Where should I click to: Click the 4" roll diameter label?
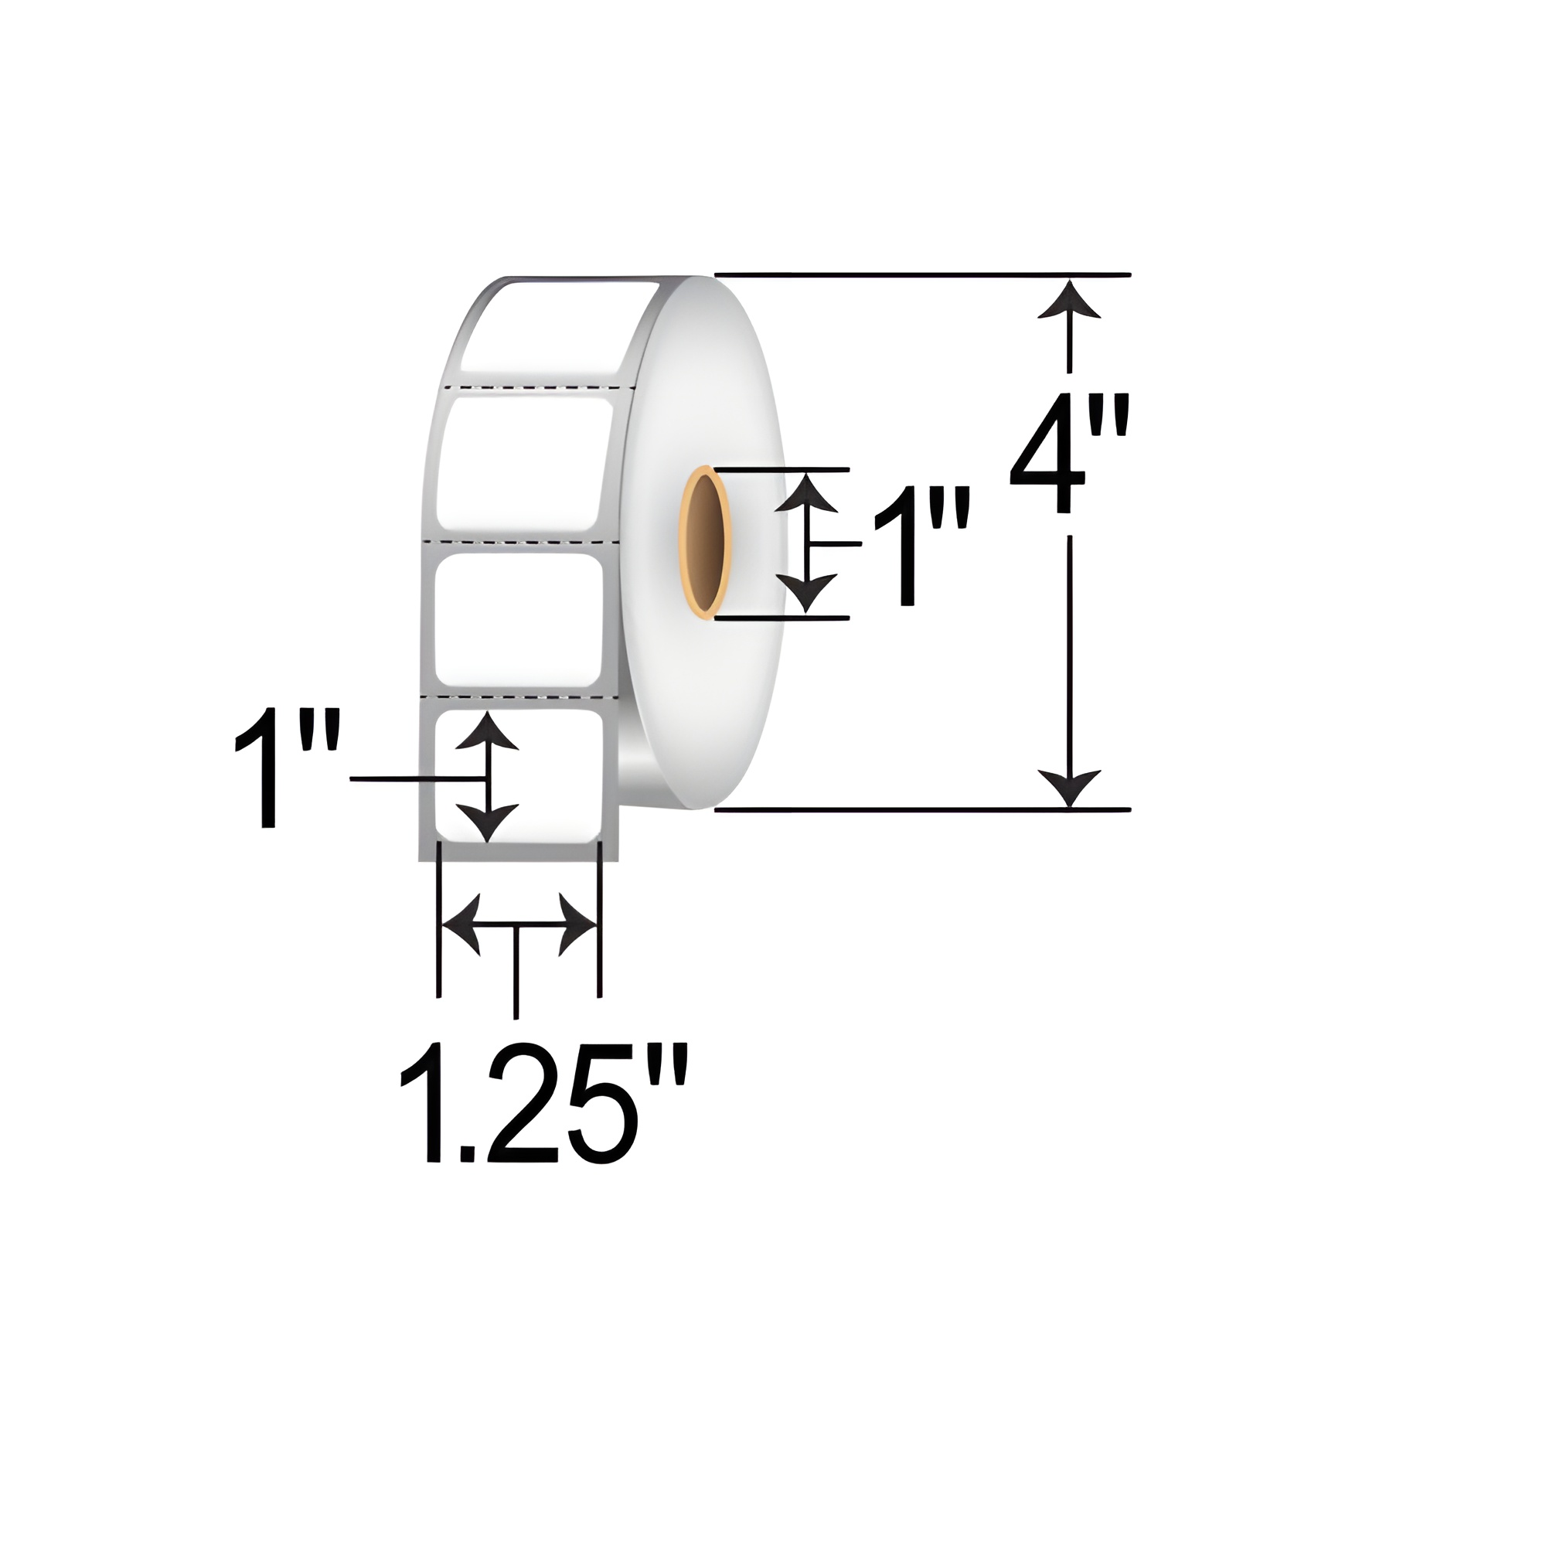[1068, 452]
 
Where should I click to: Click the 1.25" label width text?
[543, 1104]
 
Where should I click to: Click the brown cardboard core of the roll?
[704, 543]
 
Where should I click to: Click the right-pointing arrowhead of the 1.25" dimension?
[576, 926]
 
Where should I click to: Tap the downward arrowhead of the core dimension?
[809, 592]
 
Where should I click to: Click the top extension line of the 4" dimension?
[920, 274]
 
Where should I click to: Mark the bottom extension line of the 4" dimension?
[920, 810]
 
